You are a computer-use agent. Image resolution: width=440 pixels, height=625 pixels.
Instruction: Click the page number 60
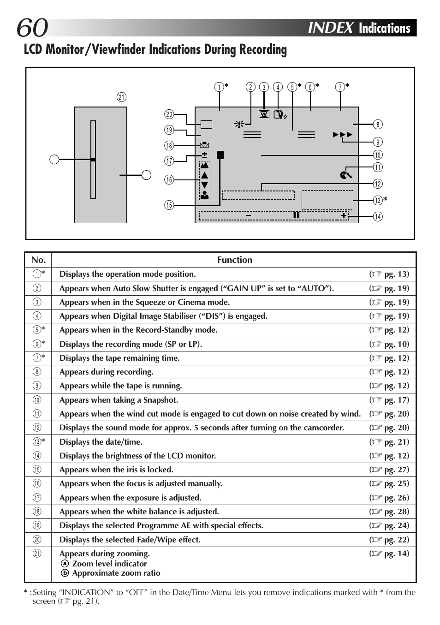(32, 28)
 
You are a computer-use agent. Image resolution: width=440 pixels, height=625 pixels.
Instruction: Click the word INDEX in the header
(330, 28)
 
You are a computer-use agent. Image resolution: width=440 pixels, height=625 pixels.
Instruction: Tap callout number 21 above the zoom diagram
(121, 97)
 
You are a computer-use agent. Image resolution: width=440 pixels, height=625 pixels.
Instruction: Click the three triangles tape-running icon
(343, 135)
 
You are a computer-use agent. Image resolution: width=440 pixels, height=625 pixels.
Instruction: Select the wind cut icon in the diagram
(345, 175)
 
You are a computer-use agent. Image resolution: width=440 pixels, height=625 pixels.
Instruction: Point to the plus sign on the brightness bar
(344, 215)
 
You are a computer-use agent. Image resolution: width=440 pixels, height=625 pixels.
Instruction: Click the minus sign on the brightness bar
(248, 215)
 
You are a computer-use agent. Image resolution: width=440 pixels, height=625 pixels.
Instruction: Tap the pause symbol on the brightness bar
(296, 215)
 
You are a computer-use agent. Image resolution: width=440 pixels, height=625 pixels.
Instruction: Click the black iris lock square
(220, 155)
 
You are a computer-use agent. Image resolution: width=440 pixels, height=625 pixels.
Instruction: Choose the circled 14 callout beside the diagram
(378, 216)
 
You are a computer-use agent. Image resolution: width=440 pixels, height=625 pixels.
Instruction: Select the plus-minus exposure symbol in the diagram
(204, 155)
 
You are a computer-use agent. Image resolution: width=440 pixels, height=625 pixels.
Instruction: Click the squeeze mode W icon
(264, 114)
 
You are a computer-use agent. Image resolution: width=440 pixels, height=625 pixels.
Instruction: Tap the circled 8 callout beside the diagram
(378, 124)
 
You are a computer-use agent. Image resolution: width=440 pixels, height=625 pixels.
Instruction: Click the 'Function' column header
(234, 260)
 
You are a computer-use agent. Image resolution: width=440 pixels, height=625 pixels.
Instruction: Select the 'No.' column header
(38, 260)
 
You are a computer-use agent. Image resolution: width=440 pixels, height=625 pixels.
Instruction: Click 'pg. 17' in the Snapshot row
(396, 400)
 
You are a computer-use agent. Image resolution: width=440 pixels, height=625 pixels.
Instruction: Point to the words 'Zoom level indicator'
(109, 564)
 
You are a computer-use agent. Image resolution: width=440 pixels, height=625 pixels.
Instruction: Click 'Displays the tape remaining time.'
(119, 358)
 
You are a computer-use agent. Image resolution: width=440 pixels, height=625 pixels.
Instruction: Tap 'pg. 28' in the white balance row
(396, 512)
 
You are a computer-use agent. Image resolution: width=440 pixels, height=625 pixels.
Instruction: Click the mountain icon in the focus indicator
(204, 165)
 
